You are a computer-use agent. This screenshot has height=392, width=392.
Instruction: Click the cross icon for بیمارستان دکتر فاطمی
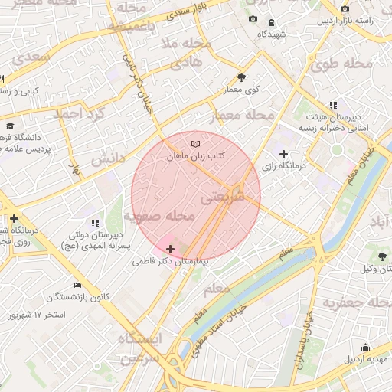(x=169, y=249)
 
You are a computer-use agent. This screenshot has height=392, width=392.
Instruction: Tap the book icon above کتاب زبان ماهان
(x=196, y=143)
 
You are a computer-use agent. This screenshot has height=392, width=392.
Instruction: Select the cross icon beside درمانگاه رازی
(x=283, y=154)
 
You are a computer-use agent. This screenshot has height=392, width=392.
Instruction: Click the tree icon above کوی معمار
(x=243, y=77)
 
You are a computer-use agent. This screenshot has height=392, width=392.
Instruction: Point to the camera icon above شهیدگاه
(x=253, y=19)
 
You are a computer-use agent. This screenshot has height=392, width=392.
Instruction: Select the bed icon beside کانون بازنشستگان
(x=77, y=285)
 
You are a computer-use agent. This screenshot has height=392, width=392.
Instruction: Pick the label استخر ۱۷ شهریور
(x=37, y=315)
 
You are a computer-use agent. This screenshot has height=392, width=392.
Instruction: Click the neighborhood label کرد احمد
(x=77, y=113)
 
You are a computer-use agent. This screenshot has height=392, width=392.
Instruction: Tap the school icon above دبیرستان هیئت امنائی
(x=332, y=105)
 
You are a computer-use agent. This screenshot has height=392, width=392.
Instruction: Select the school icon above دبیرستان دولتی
(x=94, y=222)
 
